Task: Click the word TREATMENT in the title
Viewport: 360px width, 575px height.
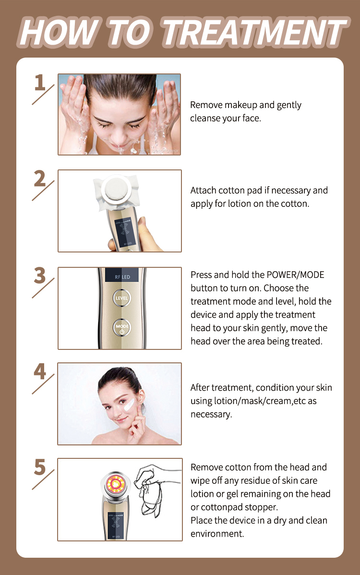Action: (x=254, y=33)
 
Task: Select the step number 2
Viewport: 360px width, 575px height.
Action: (x=40, y=179)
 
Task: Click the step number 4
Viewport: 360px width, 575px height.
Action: (x=40, y=372)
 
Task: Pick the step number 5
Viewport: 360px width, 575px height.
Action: (x=40, y=468)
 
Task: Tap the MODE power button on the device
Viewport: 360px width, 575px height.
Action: (x=122, y=328)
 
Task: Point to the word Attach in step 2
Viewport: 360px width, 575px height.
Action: (x=203, y=191)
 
